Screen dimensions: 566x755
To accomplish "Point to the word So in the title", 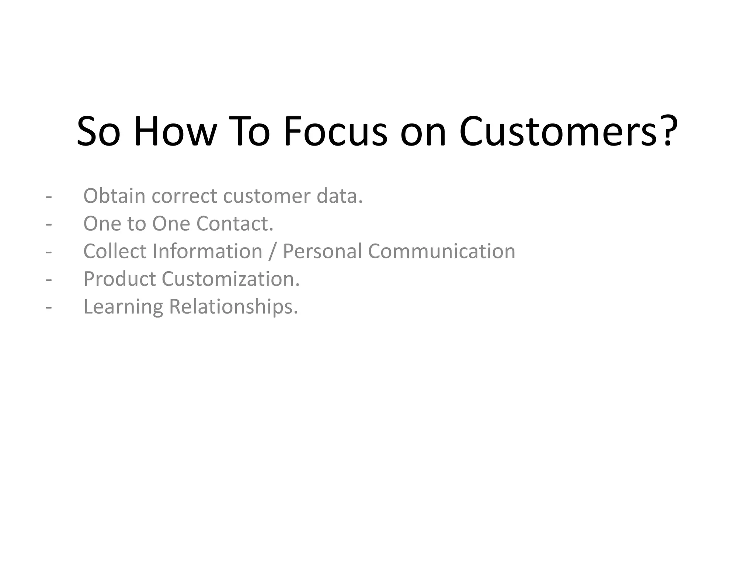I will pos(98,132).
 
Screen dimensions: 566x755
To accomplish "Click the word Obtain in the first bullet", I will pos(114,196).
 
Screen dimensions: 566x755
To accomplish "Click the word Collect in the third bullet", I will pos(115,251).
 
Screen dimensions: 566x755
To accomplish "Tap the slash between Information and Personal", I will pos(272,252).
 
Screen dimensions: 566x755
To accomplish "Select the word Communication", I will pos(441,251).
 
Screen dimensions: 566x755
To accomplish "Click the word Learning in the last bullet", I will pos(123,307).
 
